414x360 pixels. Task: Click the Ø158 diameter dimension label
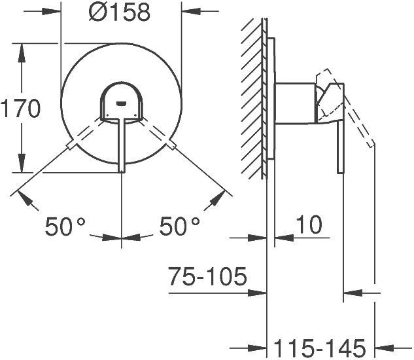click(x=121, y=12)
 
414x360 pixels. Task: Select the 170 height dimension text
click(x=21, y=109)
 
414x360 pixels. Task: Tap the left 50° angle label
click(x=65, y=227)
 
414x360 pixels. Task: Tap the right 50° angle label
click(x=179, y=227)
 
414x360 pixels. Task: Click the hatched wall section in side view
click(x=253, y=98)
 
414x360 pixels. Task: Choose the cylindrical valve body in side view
click(x=298, y=103)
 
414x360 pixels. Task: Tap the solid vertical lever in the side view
click(x=340, y=147)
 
